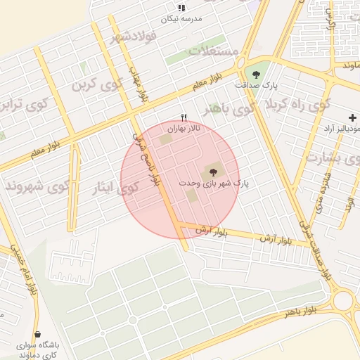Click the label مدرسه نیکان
point(181,19)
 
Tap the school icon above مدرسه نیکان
point(181,8)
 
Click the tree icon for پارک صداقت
point(256,74)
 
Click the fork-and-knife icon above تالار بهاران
point(184,118)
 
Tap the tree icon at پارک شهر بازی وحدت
point(211,172)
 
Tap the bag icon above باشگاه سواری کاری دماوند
point(37,334)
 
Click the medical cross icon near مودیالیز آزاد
point(352,117)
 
